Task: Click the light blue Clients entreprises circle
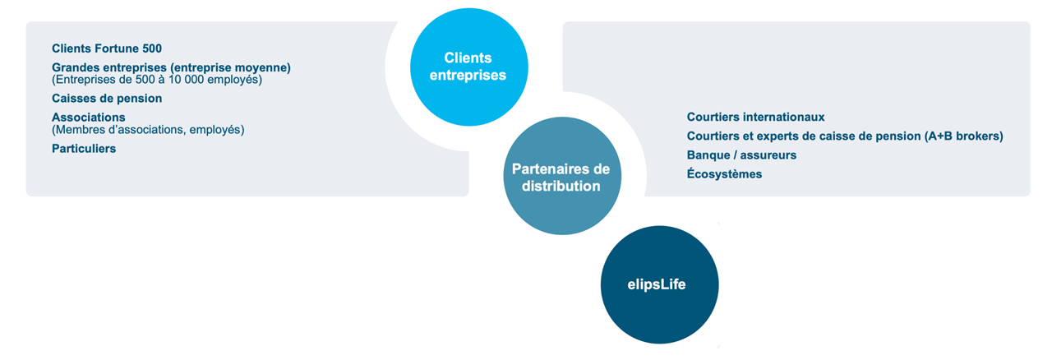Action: click(468, 67)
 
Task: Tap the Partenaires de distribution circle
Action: click(562, 176)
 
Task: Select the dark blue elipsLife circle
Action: click(659, 285)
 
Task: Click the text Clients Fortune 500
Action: click(107, 48)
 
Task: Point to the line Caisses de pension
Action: click(107, 99)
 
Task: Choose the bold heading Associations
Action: click(88, 117)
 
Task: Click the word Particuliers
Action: click(84, 149)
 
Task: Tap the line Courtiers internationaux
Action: click(755, 117)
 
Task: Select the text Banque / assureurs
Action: click(741, 155)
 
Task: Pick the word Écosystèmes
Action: click(724, 174)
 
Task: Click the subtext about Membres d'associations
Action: click(148, 130)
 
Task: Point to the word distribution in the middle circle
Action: click(561, 186)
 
